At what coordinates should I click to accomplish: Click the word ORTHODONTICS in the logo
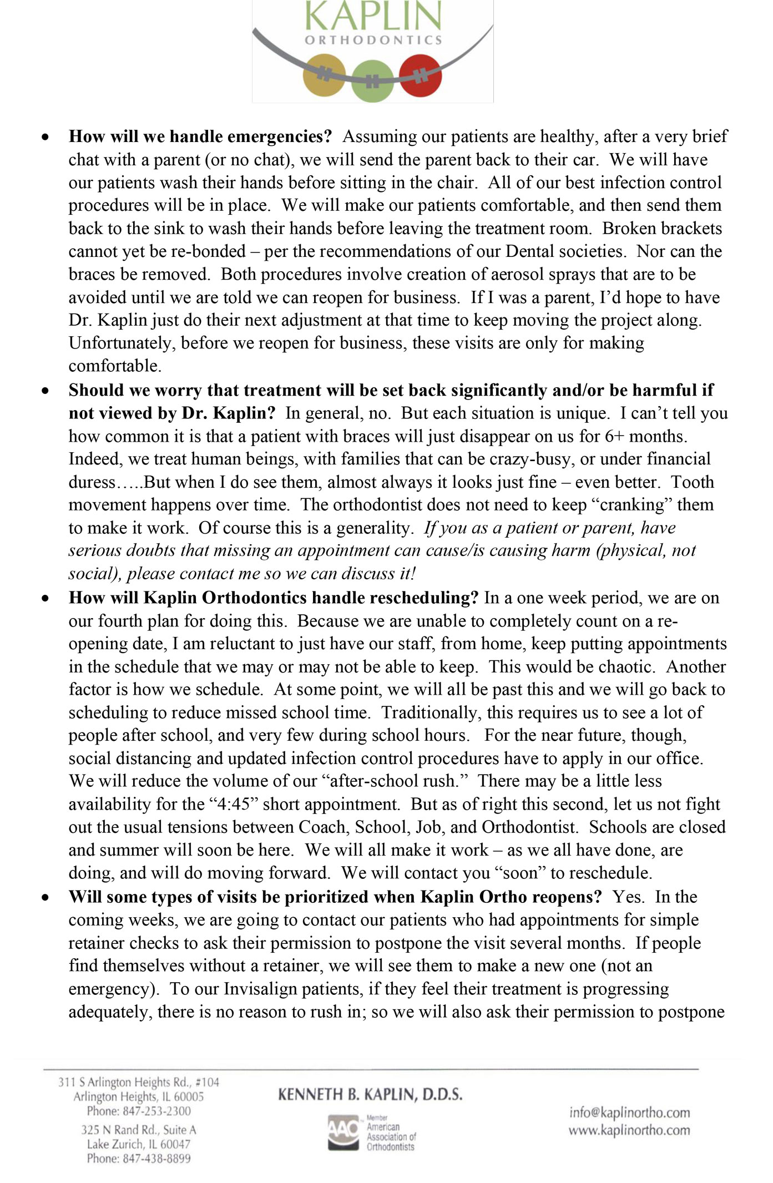(x=373, y=41)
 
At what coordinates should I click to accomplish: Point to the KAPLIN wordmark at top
(x=373, y=16)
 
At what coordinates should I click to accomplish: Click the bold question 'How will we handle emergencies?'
(x=200, y=136)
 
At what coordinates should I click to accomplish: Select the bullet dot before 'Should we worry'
(x=46, y=391)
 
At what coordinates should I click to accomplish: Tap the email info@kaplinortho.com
(x=629, y=1112)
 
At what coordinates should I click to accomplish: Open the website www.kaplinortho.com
(x=629, y=1130)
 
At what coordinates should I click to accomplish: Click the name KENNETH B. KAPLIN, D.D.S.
(x=370, y=1094)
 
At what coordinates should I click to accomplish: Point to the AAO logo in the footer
(x=343, y=1132)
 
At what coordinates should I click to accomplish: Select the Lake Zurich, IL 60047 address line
(x=139, y=1144)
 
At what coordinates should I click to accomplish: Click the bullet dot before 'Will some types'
(x=46, y=898)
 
